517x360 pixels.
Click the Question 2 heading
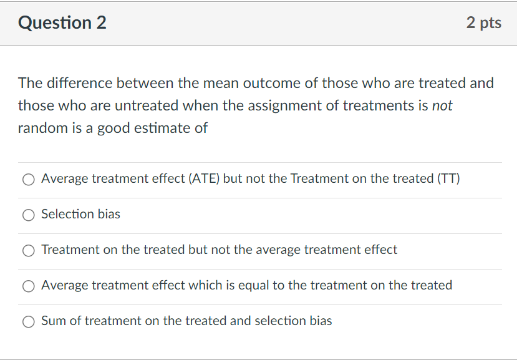[x=62, y=23]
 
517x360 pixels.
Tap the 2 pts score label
[x=483, y=23]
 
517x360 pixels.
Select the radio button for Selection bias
[x=29, y=215]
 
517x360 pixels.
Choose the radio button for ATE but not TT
[x=29, y=180]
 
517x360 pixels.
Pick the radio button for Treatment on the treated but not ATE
[x=29, y=251]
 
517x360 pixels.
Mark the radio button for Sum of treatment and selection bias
[x=29, y=322]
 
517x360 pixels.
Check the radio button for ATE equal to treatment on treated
[x=29, y=286]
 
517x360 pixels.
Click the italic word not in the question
[x=442, y=105]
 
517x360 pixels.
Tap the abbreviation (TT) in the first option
[x=448, y=179]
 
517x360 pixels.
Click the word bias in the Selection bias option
[x=109, y=214]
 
